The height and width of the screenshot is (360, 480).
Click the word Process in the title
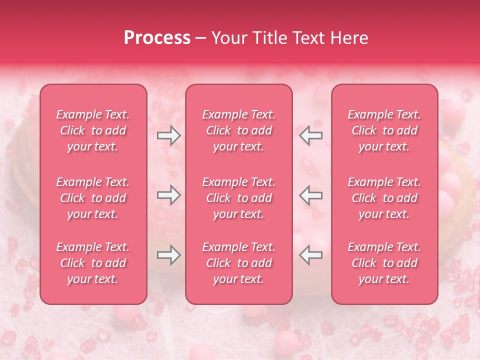(157, 38)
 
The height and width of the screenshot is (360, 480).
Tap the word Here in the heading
(348, 38)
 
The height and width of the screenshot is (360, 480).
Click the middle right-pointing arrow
(169, 195)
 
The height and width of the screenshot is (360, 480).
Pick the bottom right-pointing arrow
(169, 255)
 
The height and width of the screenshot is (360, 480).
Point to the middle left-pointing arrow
(310, 195)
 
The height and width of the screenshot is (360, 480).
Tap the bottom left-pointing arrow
(310, 255)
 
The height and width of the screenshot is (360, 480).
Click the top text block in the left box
(93, 130)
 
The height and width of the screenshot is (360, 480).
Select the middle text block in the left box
(93, 198)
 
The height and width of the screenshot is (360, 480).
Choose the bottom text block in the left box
(93, 263)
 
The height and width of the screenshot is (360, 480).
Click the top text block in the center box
(239, 130)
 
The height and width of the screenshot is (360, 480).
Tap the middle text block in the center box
(239, 198)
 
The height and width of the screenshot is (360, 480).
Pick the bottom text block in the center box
(239, 263)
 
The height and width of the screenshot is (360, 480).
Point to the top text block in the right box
(384, 130)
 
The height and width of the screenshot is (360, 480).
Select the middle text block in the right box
(384, 198)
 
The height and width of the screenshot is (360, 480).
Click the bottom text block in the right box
(384, 263)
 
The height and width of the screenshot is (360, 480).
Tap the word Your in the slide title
(228, 38)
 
